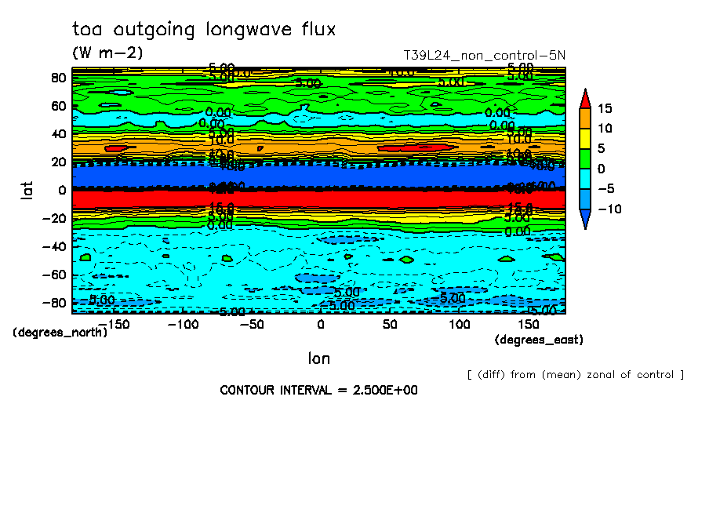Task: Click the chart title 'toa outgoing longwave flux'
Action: coord(203,31)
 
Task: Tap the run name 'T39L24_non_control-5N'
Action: coord(484,56)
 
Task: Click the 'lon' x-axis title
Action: coord(319,358)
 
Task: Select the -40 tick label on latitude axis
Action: coord(54,246)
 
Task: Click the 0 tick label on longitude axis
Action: coord(320,324)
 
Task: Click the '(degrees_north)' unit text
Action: coord(60,332)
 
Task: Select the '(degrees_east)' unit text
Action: coord(539,340)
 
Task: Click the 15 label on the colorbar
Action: coord(604,108)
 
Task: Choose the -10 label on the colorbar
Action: coord(608,209)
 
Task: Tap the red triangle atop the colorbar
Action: coord(585,98)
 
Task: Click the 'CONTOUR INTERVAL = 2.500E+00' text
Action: coord(318,390)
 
